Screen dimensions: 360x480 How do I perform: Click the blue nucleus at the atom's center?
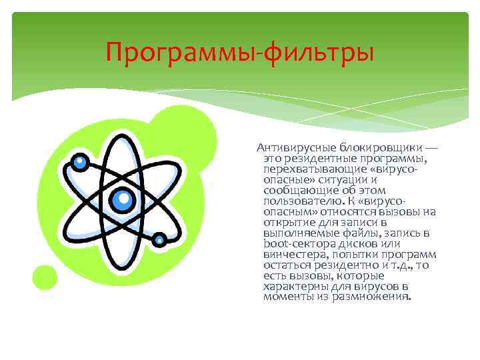121,198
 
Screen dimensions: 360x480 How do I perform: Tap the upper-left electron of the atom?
81,161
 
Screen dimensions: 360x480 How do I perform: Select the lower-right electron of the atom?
159,239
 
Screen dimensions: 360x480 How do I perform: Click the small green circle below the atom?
45,277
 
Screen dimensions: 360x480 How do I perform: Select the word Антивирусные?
295,147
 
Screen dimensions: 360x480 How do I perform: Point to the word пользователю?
297,201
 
